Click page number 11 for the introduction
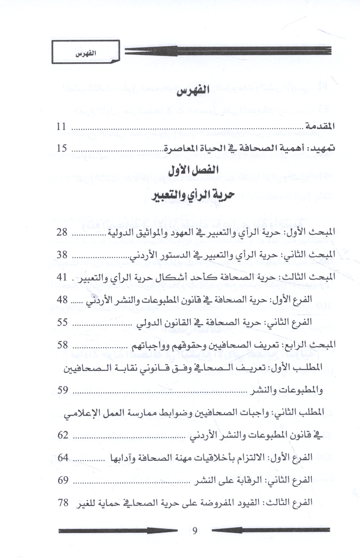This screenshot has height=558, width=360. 62,126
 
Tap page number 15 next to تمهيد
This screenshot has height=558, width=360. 62,148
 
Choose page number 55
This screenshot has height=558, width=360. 63,322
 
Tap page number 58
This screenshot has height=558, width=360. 63,345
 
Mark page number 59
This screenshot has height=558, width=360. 63,390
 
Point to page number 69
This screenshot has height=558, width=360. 63,480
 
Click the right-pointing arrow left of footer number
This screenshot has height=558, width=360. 118,531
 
